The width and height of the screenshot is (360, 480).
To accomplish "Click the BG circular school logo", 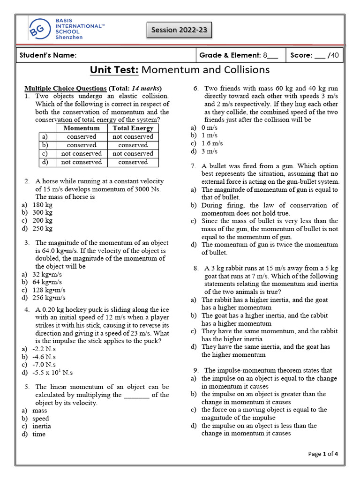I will [x=39, y=30].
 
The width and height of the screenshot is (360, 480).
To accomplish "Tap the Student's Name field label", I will [x=48, y=55].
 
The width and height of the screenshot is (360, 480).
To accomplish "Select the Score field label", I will [x=301, y=55].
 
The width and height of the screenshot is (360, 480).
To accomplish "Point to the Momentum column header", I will [x=81, y=128].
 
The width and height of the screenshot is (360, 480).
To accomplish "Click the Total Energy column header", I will [x=133, y=128].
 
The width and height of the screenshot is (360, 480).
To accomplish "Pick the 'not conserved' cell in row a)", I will [x=133, y=136].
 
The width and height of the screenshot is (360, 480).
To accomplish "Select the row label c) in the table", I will [x=45, y=153].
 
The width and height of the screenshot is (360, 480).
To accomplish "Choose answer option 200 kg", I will [x=42, y=220].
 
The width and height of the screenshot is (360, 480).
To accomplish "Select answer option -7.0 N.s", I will [x=44, y=364].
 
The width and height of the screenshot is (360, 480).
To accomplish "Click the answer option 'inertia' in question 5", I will [x=41, y=426].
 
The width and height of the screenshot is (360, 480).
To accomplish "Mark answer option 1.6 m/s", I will [x=212, y=143].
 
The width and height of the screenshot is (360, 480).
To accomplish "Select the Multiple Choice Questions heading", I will [x=66, y=88].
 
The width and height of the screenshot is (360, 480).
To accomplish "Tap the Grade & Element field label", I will [x=230, y=55].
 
